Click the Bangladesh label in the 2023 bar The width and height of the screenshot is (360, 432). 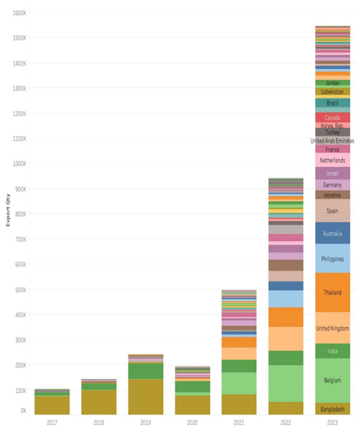tap(332, 409)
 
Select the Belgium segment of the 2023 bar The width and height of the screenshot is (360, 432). tap(332, 381)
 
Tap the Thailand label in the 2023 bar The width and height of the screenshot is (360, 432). tap(332, 292)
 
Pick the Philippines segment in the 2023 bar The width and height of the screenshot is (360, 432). tap(332, 259)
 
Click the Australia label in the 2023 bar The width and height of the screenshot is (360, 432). tap(332, 233)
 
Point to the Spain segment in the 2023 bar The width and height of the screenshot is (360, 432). tap(332, 211)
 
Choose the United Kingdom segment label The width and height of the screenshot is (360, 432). tap(332, 328)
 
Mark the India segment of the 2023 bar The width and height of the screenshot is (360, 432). tap(332, 351)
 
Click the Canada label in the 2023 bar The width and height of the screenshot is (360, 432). tap(332, 118)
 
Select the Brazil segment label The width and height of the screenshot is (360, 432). tap(332, 103)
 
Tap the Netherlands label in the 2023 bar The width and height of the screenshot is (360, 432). tap(332, 160)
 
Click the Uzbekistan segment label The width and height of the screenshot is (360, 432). tap(332, 91)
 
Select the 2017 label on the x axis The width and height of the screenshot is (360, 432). tap(52, 421)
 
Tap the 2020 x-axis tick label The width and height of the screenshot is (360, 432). tap(192, 421)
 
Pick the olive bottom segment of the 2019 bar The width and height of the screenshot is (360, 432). tap(145, 397)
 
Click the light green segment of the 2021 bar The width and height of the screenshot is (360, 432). tap(238, 383)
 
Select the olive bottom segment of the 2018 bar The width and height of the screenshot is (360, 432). tap(99, 402)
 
